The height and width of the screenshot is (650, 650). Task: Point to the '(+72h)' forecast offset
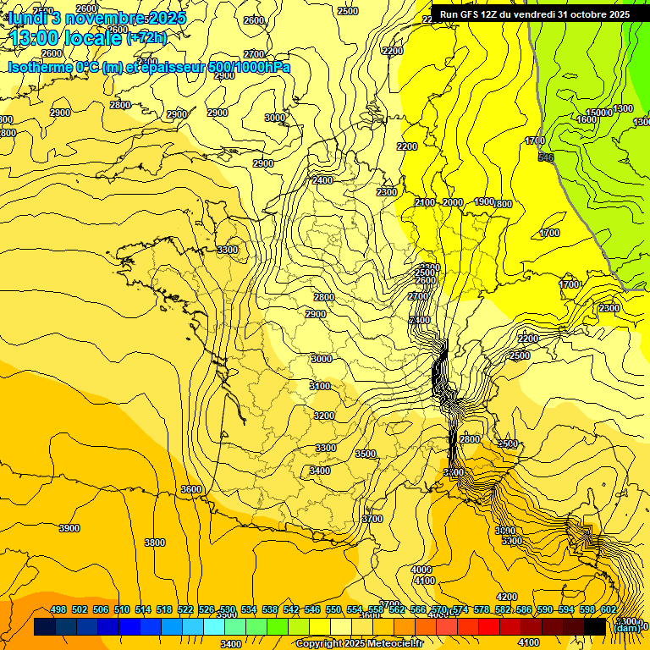pyautogui.click(x=146, y=38)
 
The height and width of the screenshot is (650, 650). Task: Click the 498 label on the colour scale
pyautogui.click(x=58, y=610)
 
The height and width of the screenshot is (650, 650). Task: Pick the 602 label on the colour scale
pyautogui.click(x=608, y=610)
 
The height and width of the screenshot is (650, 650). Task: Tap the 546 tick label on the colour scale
pyautogui.click(x=312, y=610)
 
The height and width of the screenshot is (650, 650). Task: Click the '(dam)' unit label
pyautogui.click(x=627, y=627)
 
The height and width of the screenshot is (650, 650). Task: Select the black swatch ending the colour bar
pyautogui.click(x=595, y=627)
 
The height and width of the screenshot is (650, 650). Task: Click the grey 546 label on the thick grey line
pyautogui.click(x=545, y=157)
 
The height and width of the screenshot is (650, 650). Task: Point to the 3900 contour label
pyautogui.click(x=69, y=528)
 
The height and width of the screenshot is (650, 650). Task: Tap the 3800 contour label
pyautogui.click(x=155, y=543)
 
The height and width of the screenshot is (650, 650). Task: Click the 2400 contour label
pyautogui.click(x=322, y=180)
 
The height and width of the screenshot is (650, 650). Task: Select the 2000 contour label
pyautogui.click(x=453, y=202)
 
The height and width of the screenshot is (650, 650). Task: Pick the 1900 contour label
pyautogui.click(x=483, y=201)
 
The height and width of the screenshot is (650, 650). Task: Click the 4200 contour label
pyautogui.click(x=506, y=598)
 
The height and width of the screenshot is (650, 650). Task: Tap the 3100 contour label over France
pyautogui.click(x=320, y=386)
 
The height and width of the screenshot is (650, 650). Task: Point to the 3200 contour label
pyautogui.click(x=324, y=416)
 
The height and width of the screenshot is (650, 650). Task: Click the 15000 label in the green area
pyautogui.click(x=598, y=113)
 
